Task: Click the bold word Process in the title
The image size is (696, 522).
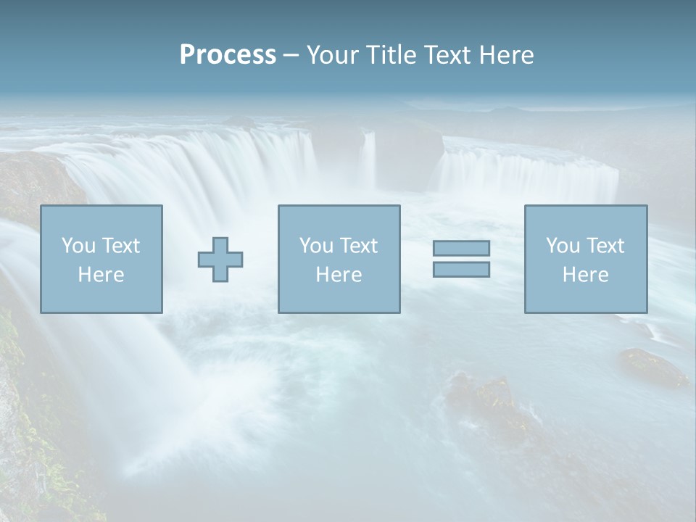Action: [x=228, y=55]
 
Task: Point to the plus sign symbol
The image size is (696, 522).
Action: [x=220, y=259]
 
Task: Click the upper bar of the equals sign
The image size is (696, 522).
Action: [x=461, y=248]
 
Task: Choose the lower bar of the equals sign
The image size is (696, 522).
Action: [x=461, y=269]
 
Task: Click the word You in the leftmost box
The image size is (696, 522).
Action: [x=78, y=246]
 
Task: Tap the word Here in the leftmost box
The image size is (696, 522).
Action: [x=101, y=275]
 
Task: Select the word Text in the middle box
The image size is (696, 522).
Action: [x=359, y=246]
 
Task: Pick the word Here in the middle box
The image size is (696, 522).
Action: [x=339, y=275]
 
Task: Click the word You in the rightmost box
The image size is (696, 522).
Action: [x=563, y=246]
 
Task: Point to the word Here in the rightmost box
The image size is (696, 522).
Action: [x=585, y=275]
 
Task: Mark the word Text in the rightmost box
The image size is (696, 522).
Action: [x=605, y=246]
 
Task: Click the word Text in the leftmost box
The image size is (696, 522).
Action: [x=121, y=246]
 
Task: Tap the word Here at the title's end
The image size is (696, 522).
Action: [x=507, y=55]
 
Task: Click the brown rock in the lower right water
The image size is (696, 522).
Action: [x=652, y=366]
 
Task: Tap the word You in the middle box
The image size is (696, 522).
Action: [x=316, y=246]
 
